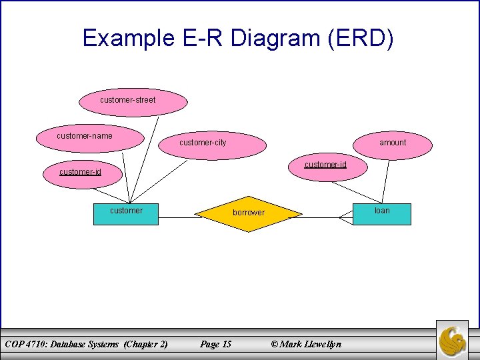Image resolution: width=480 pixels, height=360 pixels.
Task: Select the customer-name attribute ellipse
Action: (x=92, y=137)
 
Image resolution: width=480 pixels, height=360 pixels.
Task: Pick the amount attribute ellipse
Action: (x=393, y=143)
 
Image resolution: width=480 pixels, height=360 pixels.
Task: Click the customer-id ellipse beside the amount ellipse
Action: (x=325, y=167)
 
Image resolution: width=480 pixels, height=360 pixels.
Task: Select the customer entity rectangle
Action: (x=126, y=213)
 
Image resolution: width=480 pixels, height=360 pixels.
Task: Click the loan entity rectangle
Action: (x=382, y=213)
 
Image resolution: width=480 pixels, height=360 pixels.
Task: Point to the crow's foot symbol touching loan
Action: (x=347, y=217)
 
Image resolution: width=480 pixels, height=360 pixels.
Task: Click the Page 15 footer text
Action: (x=216, y=344)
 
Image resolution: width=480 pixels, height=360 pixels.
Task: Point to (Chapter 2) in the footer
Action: (x=145, y=344)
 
